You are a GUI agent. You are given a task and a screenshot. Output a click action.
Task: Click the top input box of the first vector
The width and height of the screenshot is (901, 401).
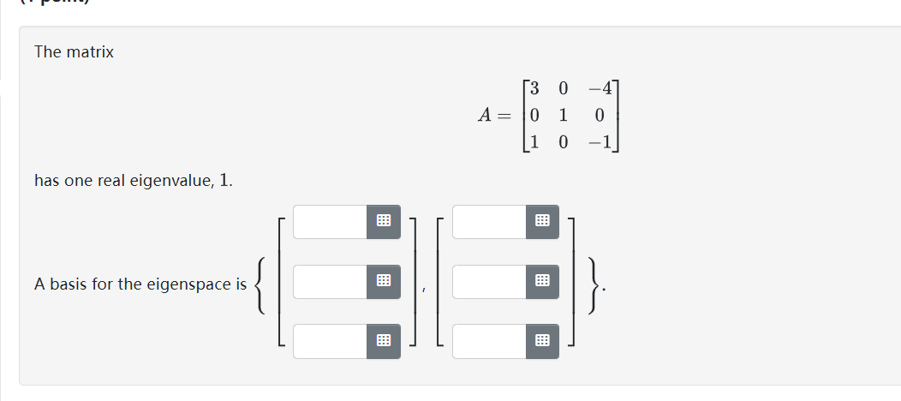pos(330,221)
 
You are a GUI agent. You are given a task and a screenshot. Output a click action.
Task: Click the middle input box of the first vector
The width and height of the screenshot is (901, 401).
pos(330,281)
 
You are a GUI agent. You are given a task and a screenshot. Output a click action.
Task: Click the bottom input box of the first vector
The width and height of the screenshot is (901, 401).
pos(330,341)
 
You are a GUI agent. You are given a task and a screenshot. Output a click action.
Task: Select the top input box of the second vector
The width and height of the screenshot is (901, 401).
pos(489,221)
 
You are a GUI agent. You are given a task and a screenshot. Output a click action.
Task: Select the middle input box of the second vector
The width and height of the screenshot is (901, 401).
pos(489,281)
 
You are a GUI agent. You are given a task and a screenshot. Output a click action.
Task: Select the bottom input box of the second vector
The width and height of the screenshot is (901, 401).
pos(489,341)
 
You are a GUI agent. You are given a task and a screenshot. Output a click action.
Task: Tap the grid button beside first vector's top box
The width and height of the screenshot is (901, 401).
pos(383,221)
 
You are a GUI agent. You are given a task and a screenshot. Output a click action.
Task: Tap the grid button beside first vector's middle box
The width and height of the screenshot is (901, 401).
pos(383,281)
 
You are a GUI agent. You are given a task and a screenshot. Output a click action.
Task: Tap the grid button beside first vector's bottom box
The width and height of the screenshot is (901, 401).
pos(383,341)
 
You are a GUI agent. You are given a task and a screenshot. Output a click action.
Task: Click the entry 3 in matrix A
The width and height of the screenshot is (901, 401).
pos(534,88)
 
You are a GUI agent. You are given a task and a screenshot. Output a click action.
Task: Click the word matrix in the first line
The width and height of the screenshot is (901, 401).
pos(90,52)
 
